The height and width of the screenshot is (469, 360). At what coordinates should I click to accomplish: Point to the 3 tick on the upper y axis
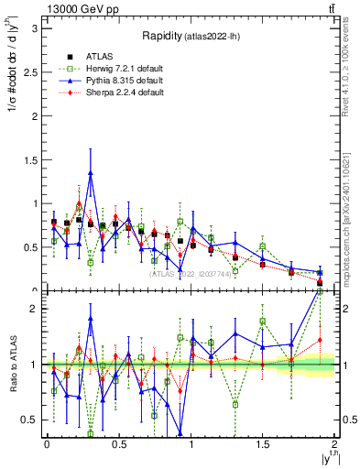click(32, 28)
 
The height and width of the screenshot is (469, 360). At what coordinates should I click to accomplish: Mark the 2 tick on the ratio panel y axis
click(32, 310)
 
